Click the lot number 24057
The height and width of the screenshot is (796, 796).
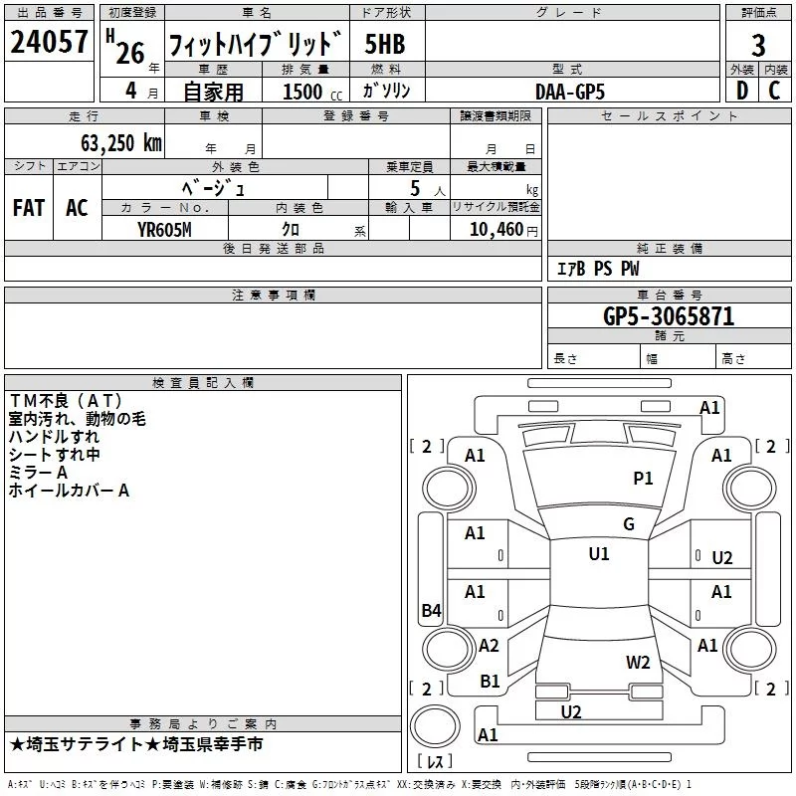point(49,42)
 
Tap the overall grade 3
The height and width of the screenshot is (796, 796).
point(758,46)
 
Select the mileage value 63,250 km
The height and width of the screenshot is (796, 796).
point(121,143)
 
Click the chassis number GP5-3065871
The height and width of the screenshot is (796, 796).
point(669,316)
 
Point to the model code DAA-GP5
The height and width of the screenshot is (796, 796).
point(570,92)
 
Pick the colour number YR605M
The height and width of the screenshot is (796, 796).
point(164,230)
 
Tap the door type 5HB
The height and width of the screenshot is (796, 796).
point(385,44)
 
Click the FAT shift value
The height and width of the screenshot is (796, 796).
point(29,208)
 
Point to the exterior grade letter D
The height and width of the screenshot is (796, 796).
point(742,91)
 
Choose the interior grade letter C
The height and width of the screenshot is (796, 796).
point(774,91)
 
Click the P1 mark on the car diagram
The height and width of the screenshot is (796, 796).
point(643,479)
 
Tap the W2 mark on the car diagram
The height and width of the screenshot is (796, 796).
point(638,663)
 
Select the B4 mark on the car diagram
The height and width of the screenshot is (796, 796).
point(432,610)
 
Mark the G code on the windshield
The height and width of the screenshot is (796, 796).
point(629,524)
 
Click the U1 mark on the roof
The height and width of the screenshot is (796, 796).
point(599,554)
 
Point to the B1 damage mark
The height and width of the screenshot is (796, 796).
point(490,682)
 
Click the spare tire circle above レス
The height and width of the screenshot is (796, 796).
point(435,726)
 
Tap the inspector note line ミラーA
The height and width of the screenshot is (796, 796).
point(38,473)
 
